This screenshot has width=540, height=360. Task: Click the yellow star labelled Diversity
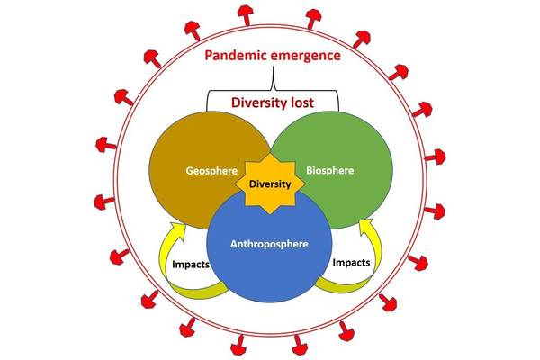pyautogui.click(x=271, y=184)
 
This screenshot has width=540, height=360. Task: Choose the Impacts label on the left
pyautogui.click(x=190, y=266)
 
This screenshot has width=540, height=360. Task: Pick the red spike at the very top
pyautogui.click(x=269, y=11)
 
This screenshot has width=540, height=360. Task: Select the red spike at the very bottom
pyautogui.click(x=271, y=347)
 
